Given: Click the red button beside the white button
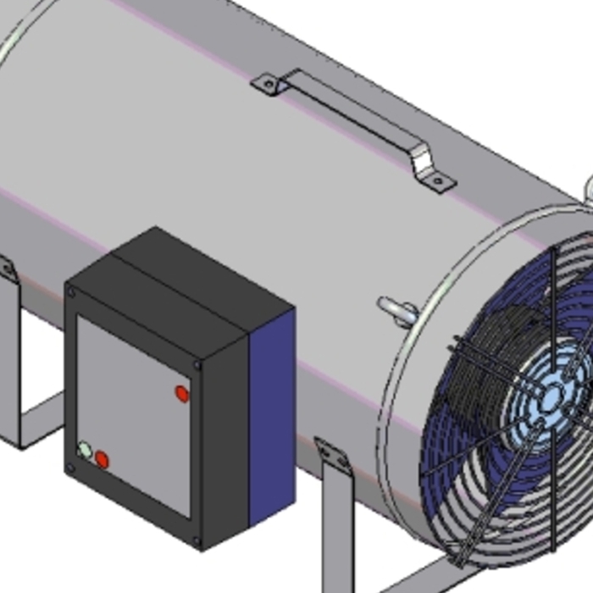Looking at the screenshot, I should click(x=102, y=460).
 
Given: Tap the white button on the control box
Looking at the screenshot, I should click(x=85, y=450).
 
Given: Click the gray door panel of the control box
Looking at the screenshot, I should click(x=136, y=407).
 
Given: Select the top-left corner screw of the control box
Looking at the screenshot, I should click(x=71, y=292).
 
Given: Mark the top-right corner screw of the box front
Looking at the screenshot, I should click(x=198, y=365).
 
